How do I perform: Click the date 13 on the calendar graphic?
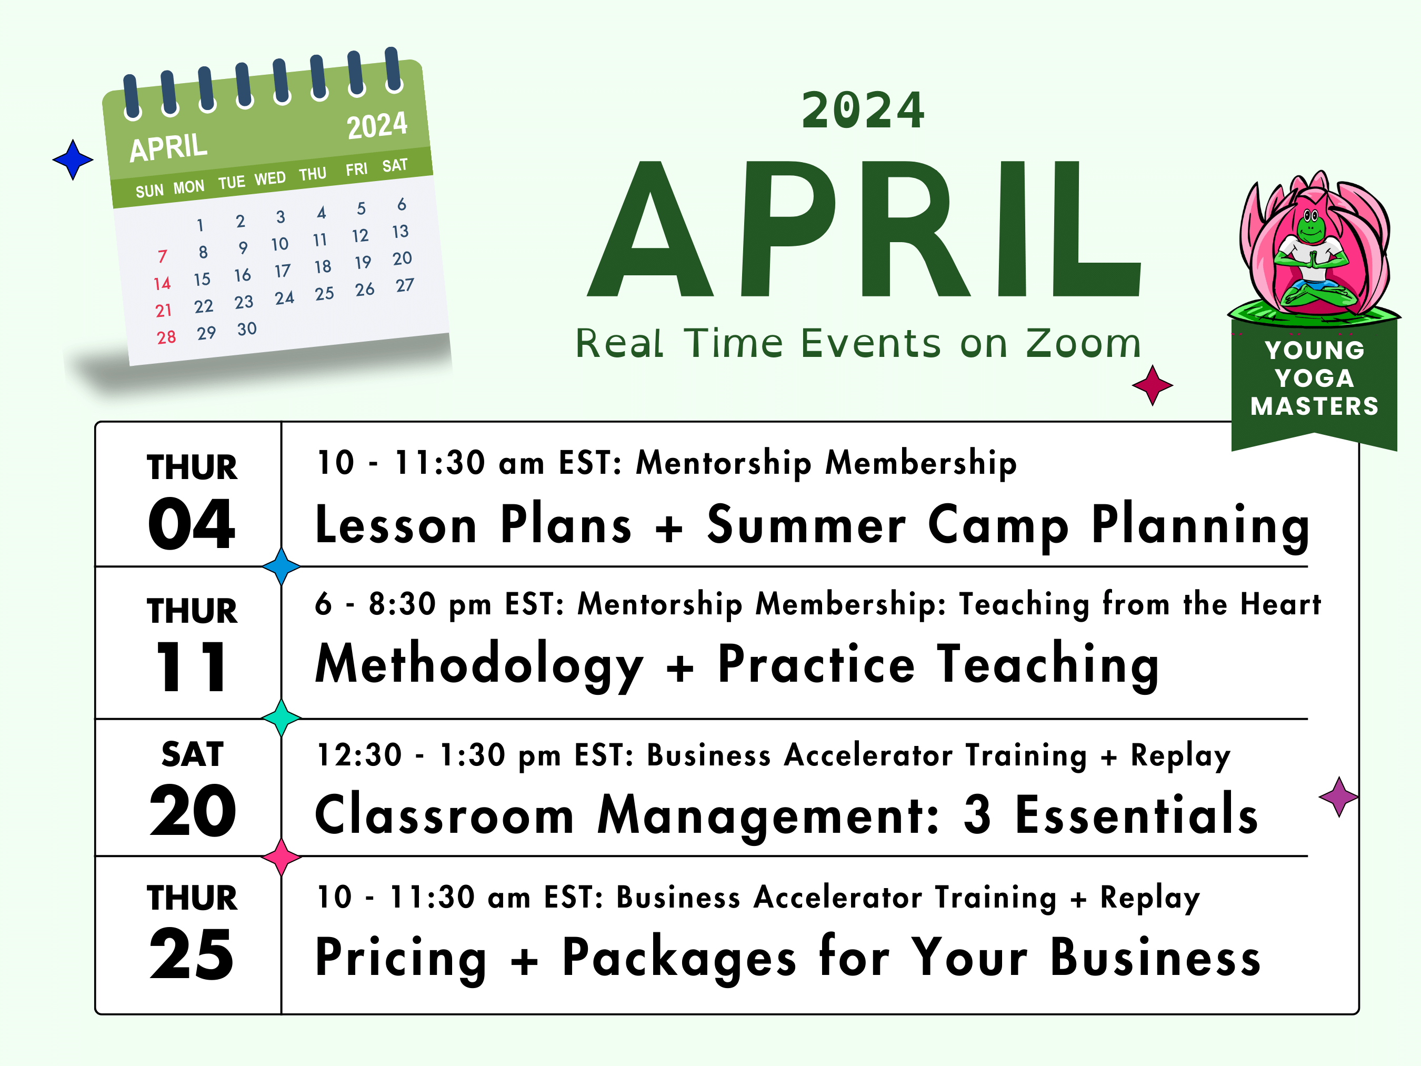(400, 231)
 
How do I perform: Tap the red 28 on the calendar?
(166, 337)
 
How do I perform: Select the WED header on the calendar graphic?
(270, 178)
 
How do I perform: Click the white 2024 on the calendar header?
(377, 125)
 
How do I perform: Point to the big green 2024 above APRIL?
(863, 111)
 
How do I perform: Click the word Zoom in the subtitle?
(1083, 343)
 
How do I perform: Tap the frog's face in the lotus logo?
(1311, 225)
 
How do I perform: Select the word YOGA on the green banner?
(1314, 378)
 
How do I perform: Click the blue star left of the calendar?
(73, 160)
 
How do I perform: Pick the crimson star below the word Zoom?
(1153, 385)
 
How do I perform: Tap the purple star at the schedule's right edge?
(1339, 797)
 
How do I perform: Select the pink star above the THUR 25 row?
(282, 856)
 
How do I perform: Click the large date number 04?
(192, 524)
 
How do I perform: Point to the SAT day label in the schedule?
(192, 754)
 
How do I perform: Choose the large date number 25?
(192, 954)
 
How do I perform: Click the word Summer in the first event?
(806, 525)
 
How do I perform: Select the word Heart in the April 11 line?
(1280, 605)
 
